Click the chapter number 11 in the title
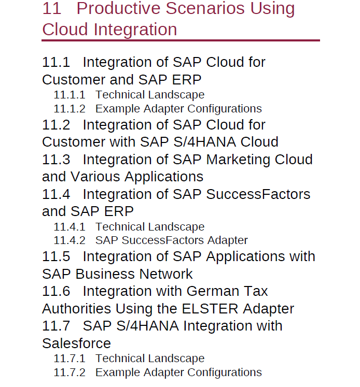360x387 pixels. (52, 8)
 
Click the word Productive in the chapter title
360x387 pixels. (118, 8)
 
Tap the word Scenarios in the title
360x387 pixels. (205, 8)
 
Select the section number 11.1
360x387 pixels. (56, 62)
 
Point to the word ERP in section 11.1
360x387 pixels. (187, 80)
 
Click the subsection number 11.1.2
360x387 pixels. (70, 109)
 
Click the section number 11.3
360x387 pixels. (56, 160)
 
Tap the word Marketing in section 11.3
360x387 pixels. (238, 160)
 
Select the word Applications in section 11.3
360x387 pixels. (164, 177)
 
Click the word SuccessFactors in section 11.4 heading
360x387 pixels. (258, 194)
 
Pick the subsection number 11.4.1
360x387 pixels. (70, 227)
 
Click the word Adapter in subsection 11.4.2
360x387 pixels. (227, 240)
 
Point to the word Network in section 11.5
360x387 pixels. (166, 274)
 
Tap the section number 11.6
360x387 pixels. (56, 291)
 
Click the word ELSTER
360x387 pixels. (210, 309)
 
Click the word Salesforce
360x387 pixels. (77, 343)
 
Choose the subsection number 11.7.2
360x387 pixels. (70, 372)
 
